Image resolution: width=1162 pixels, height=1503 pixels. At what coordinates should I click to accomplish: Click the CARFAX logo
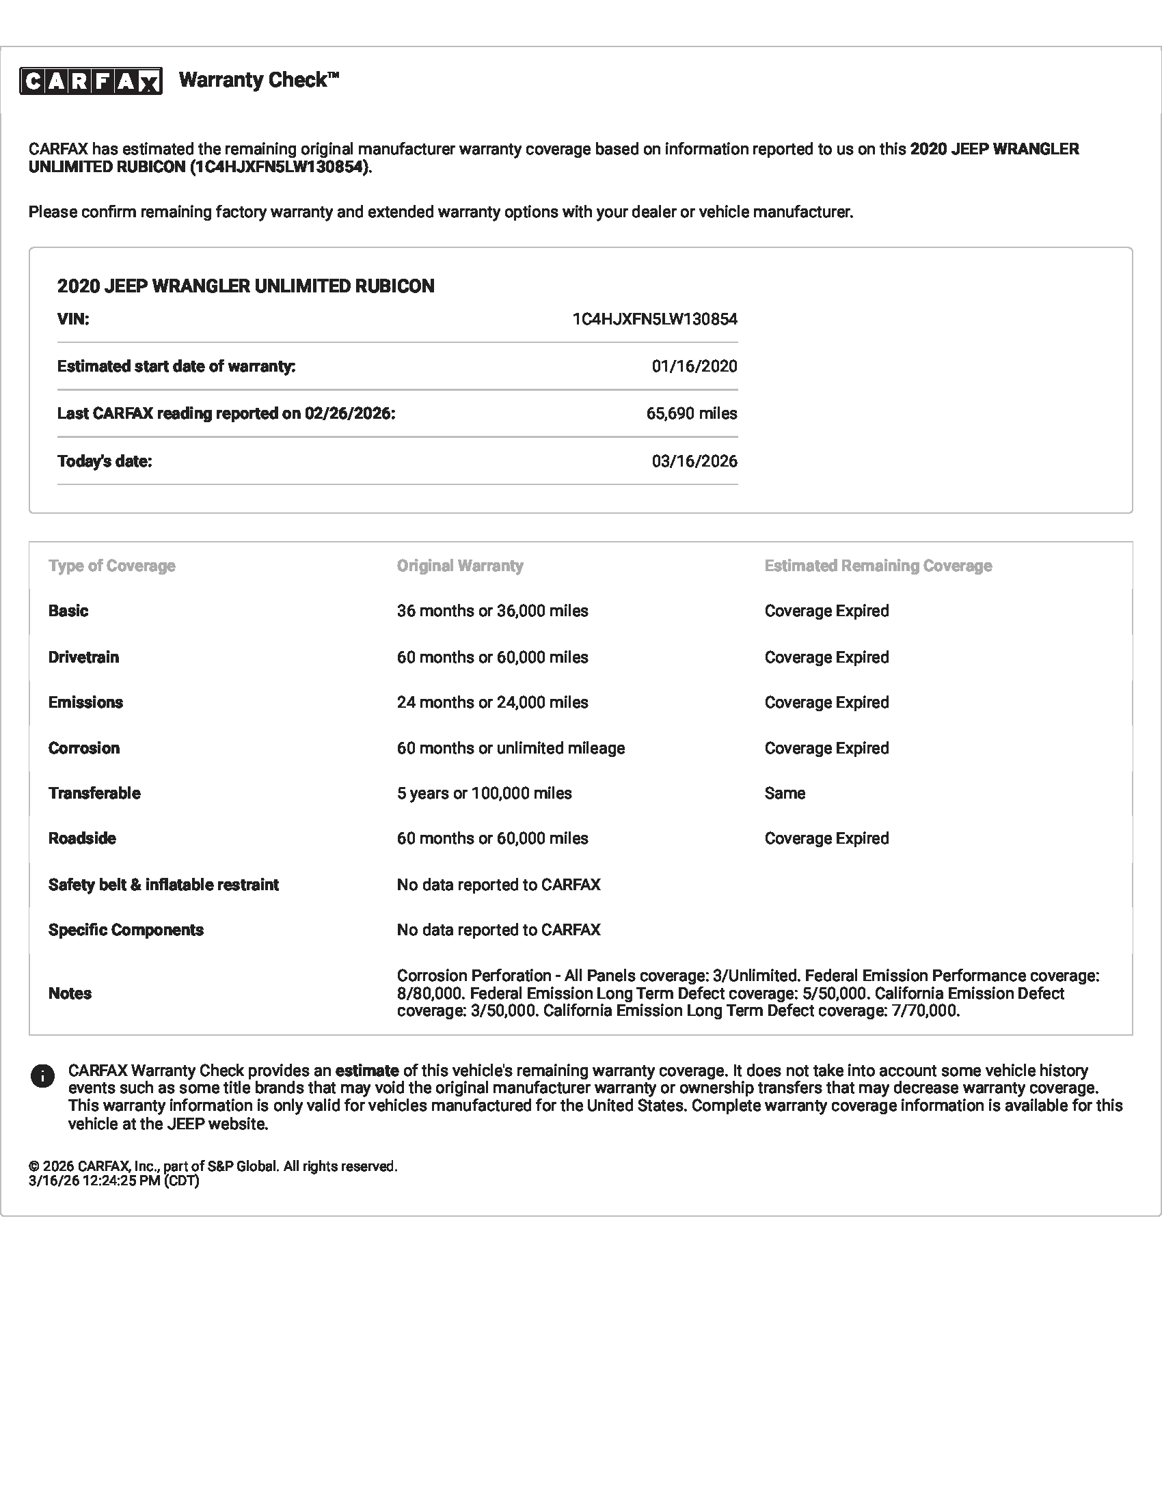tap(91, 81)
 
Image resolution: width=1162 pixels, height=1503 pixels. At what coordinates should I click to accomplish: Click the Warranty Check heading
tap(259, 80)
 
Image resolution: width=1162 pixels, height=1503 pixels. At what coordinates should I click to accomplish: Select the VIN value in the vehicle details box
tap(654, 319)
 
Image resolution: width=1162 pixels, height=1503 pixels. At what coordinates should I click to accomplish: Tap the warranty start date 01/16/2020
tap(694, 366)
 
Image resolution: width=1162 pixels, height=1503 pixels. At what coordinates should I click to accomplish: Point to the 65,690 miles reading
tap(691, 413)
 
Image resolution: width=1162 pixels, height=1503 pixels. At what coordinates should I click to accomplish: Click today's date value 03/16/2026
tap(694, 461)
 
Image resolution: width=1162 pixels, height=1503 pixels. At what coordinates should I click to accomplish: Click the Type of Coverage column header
tap(111, 566)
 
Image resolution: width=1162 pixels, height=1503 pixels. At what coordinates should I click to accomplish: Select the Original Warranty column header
tap(460, 566)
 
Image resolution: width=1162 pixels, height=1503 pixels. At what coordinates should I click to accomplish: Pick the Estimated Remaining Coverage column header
tap(878, 566)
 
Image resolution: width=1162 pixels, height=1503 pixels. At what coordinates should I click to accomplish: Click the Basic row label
tap(68, 611)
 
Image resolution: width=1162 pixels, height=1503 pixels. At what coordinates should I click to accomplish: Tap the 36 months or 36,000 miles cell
tap(492, 611)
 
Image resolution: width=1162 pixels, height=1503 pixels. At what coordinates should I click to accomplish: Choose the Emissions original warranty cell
tap(492, 702)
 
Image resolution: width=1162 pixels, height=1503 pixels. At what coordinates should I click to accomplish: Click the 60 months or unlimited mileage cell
tap(511, 748)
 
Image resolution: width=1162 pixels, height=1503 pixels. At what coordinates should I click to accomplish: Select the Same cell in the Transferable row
tap(785, 793)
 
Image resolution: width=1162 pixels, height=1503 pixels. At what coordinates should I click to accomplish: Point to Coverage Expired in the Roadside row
tap(826, 839)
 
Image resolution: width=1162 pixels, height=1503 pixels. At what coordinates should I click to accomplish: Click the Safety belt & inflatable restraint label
tap(163, 885)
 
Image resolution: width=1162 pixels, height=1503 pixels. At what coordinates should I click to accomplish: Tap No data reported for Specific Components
tap(498, 930)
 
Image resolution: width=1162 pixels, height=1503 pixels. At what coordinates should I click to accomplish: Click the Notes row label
tap(70, 994)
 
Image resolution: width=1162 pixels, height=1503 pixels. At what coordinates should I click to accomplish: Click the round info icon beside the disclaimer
tap(42, 1076)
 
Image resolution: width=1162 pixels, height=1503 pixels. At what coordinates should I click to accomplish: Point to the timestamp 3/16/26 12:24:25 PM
tap(113, 1181)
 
